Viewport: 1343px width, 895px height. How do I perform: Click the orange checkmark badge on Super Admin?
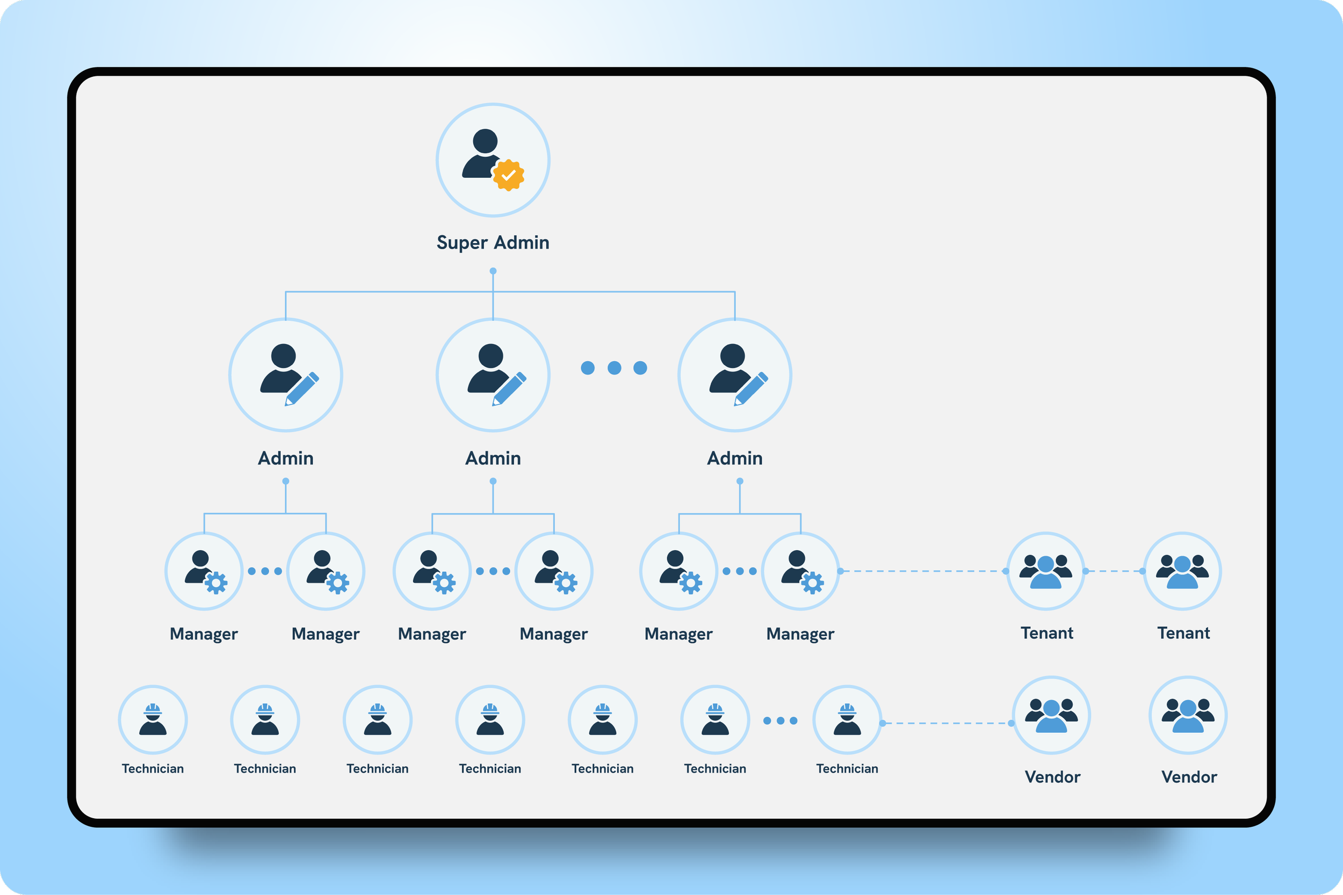508,175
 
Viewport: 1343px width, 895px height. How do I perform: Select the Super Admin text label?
493,243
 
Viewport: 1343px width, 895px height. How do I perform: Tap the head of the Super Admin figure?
485,141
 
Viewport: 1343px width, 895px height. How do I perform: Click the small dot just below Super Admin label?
493,271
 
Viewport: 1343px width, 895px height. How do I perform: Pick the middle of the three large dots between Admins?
614,368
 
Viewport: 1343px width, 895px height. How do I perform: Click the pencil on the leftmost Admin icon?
301,389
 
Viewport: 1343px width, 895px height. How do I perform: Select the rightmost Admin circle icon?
734,375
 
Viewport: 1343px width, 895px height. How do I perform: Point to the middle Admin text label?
493,459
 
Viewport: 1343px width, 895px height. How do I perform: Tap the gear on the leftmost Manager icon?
216,583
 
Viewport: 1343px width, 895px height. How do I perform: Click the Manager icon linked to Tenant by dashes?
800,571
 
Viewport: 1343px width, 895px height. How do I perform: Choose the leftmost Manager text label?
204,634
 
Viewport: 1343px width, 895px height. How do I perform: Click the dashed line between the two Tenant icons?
1114,571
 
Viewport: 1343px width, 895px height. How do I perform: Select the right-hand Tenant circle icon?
1182,571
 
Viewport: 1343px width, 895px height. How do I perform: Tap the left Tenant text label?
1046,633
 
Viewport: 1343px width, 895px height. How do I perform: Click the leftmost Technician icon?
153,720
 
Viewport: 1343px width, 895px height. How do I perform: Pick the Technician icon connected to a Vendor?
847,720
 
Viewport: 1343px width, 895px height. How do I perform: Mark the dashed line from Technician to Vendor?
947,723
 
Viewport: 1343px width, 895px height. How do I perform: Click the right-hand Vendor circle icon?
1188,715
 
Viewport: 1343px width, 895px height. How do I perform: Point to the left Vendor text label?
1052,777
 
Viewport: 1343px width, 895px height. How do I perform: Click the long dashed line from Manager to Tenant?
922,571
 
